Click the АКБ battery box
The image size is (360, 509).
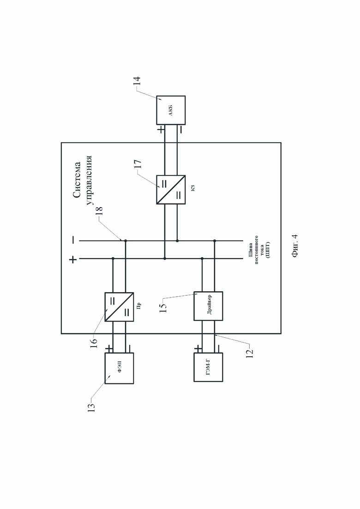point(171,110)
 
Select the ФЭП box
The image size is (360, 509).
point(119,368)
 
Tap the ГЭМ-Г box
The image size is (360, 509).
point(208,367)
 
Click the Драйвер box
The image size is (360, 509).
point(208,306)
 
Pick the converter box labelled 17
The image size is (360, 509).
point(171,190)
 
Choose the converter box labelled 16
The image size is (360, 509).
point(119,307)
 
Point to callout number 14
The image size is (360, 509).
point(137,81)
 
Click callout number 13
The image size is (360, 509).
point(92,407)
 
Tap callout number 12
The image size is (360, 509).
point(250,353)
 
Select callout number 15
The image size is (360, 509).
point(164,307)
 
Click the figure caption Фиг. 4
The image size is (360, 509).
point(295,246)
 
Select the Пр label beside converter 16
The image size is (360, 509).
point(139,305)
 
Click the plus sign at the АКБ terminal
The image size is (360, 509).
point(161,130)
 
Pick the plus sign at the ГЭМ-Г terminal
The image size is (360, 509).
point(198,348)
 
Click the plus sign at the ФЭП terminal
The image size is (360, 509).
point(109,348)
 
